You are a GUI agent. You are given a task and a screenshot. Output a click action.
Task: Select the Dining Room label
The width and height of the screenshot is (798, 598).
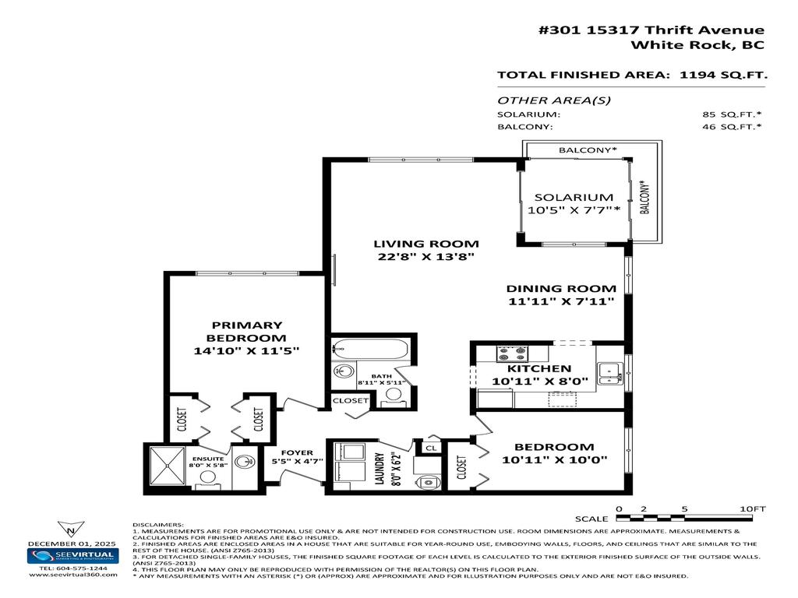pos(550,288)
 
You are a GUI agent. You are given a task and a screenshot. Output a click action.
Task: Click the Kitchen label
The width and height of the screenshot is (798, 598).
pos(539,368)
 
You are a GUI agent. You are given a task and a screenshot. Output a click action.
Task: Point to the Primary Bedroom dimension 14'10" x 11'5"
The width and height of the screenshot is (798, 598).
pos(246,351)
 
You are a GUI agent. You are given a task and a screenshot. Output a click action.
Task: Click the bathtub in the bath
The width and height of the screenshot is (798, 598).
pos(369,350)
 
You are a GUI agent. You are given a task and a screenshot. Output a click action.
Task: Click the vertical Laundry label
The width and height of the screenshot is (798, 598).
pos(378,469)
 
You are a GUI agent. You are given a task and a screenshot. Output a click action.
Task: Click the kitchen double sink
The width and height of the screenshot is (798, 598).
pos(609,372)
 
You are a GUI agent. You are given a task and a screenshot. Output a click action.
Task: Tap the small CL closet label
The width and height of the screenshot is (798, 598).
pos(429,448)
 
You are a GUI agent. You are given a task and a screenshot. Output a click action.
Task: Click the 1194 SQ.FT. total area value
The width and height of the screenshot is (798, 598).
pos(723,76)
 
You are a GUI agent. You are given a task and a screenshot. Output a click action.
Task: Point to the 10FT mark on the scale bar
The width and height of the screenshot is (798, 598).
pos(753,508)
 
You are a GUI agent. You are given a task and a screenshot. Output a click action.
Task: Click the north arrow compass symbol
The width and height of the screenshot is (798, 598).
pos(72,529)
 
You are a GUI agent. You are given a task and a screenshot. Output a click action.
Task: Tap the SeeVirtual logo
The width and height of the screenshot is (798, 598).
pos(72,556)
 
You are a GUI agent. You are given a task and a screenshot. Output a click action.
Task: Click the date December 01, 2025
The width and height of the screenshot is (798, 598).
pos(72,543)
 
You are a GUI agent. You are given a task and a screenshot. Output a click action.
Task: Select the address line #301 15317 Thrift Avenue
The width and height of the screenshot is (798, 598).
pos(651,30)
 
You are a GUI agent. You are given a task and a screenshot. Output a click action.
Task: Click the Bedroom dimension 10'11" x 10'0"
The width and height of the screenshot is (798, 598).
pos(555,459)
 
